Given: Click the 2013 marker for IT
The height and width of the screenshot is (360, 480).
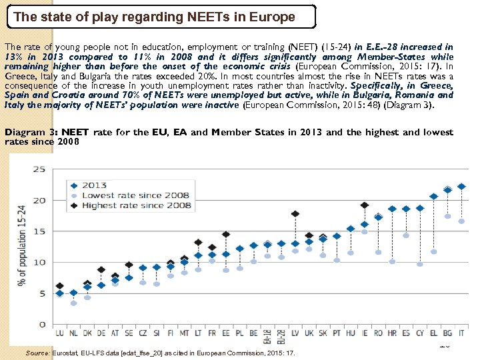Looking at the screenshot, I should (461, 187).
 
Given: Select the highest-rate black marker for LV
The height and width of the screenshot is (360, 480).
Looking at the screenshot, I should (295, 214).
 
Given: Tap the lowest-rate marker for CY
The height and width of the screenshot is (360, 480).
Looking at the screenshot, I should (420, 264).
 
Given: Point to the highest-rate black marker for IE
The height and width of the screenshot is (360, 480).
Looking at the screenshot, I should (364, 205).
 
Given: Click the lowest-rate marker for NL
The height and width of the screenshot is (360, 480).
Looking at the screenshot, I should (73, 303).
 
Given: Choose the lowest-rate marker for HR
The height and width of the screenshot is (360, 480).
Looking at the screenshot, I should (392, 261).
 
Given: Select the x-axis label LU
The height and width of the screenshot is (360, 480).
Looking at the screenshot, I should (60, 333).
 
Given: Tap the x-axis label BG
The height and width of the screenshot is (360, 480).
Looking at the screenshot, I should (447, 333).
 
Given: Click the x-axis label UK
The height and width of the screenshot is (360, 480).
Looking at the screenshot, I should (309, 333).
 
